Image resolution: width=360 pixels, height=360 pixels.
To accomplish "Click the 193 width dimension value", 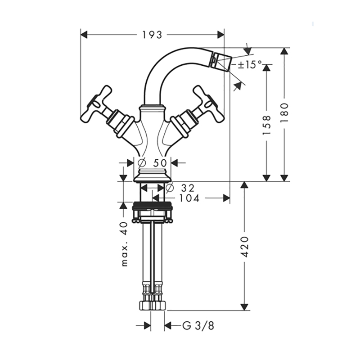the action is [152, 35].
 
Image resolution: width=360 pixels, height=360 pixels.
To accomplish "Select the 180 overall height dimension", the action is [284, 112].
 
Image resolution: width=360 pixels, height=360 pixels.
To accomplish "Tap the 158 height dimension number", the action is [266, 125].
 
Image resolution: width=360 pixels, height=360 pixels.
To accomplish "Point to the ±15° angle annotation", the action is [250, 64].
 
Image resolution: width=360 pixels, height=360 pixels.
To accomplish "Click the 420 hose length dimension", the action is [245, 247].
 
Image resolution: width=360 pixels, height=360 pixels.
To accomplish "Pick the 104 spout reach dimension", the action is [189, 198].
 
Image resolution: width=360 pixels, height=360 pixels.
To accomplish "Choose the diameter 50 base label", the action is [153, 163].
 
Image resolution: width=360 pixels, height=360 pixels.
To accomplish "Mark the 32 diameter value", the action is [188, 188].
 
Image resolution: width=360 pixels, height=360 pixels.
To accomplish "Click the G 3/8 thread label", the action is [198, 325].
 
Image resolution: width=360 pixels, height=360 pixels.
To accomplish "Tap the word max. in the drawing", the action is [125, 256].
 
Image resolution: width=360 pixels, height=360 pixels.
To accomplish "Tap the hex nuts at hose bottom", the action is [152, 306].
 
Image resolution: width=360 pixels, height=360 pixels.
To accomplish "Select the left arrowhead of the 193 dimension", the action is [84, 35].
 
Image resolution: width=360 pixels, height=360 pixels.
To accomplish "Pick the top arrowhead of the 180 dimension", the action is [284, 51].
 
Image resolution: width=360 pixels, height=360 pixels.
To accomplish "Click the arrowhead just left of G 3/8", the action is [147, 325].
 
